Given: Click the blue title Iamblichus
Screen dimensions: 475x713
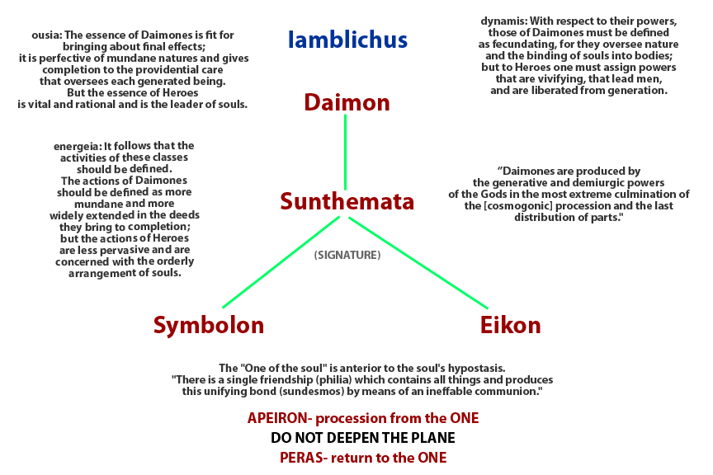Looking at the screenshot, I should pos(347,39).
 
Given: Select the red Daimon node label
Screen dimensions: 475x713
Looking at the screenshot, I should pos(347,102).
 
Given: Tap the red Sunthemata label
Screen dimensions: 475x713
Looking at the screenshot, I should pos(347,201).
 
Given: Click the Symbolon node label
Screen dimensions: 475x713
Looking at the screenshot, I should pos(209,325).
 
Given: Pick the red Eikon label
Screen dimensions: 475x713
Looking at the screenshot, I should pos(510,325).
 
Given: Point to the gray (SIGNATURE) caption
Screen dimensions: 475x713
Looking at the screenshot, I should pos(347,256).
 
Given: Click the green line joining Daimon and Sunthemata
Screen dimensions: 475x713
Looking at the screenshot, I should pos(345,153).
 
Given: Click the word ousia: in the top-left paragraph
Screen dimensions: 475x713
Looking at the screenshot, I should pos(45,35).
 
